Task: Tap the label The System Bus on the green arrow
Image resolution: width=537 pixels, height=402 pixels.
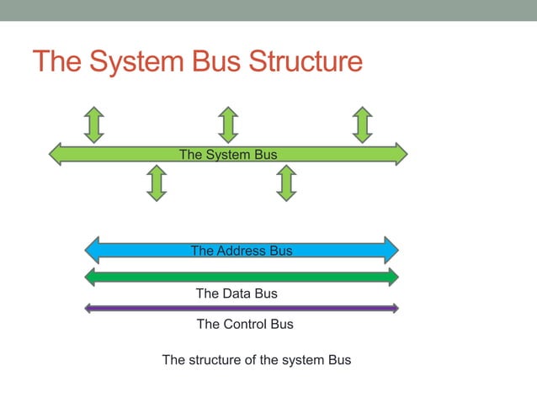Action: (x=228, y=154)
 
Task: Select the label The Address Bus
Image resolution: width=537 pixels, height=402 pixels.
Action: (x=242, y=251)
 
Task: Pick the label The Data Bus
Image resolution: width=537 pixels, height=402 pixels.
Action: (x=237, y=294)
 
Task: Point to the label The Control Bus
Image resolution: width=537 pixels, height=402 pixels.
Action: (x=245, y=324)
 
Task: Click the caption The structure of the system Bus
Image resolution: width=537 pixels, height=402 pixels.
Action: (x=256, y=360)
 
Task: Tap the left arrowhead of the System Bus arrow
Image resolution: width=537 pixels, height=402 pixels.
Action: (x=56, y=154)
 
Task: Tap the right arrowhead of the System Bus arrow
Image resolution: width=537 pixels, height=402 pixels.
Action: (x=400, y=154)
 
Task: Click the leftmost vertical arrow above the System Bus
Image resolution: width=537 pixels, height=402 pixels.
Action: (x=94, y=124)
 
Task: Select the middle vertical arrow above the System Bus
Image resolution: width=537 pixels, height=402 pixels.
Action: (x=227, y=124)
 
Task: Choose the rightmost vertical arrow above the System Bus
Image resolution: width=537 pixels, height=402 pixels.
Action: (x=362, y=124)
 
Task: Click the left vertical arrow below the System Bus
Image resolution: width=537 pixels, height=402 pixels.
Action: (x=156, y=182)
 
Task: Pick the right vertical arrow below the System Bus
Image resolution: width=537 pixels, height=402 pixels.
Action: (x=286, y=182)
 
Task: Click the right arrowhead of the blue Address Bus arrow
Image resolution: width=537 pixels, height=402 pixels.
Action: (x=391, y=250)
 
